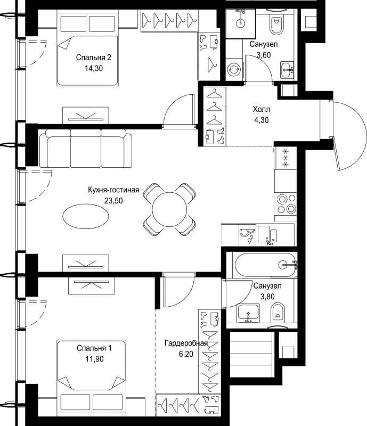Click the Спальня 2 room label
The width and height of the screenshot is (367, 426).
tap(94, 58)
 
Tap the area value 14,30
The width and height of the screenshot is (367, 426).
tap(94, 68)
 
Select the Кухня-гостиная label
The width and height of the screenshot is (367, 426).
tap(113, 190)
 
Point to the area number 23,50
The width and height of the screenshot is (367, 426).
tap(113, 201)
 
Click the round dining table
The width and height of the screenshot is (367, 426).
tap(169, 209)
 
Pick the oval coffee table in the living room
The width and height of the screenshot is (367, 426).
tap(86, 216)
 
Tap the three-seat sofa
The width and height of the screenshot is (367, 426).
tap(86, 149)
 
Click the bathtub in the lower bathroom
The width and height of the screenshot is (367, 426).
tap(265, 265)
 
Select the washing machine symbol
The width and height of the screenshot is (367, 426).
tap(234, 69)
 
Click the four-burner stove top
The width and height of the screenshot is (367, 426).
tap(286, 204)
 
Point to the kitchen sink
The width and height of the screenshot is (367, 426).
tap(267, 234)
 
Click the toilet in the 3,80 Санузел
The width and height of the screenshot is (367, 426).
tap(278, 313)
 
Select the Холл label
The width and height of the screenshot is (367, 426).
tap(262, 109)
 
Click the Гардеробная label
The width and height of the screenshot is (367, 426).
tap(186, 343)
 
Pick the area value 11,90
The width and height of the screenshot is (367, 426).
tap(94, 359)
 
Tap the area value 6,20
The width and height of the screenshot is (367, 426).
tap(186, 354)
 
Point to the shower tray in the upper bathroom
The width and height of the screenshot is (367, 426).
tap(240, 23)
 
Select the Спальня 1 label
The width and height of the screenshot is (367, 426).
tap(94, 348)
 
